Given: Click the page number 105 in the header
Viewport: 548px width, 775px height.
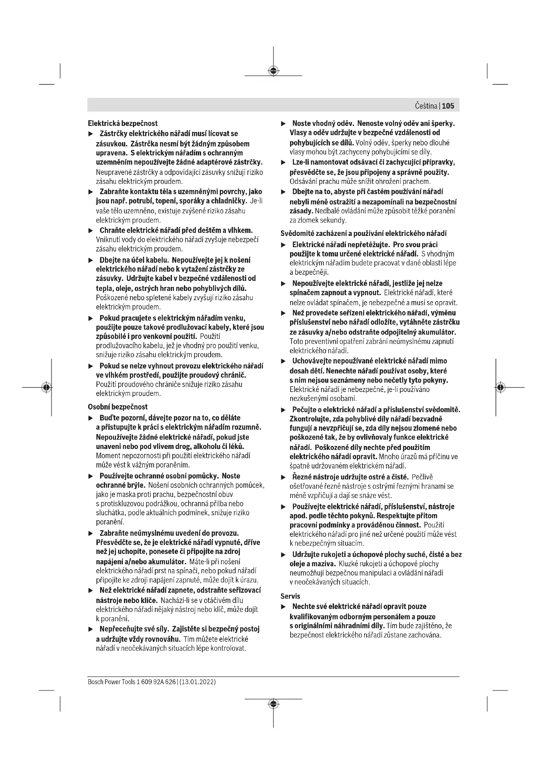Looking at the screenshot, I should (448, 106).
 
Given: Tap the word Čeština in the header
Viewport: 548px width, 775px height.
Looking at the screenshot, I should (426, 106).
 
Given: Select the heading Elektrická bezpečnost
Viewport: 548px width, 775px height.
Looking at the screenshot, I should (123, 124).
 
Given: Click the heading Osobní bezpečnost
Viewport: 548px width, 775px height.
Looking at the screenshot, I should (117, 407).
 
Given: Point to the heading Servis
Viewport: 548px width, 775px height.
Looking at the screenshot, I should (290, 596).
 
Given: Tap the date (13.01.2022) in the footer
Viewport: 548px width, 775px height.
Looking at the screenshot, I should (198, 682).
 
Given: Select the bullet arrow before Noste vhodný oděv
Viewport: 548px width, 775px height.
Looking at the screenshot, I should (284, 124).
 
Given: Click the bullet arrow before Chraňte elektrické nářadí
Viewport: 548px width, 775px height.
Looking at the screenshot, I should (90, 231).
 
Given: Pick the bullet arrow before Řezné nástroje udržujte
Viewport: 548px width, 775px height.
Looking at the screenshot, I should (284, 477).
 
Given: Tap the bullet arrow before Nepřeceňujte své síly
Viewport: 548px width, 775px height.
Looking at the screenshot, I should (90, 630).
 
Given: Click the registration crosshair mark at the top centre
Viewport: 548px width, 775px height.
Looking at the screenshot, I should (273, 71).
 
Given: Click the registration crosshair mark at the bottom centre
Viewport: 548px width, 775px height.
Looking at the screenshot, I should (273, 704).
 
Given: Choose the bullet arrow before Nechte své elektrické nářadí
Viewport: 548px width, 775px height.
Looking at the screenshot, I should (284, 607).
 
